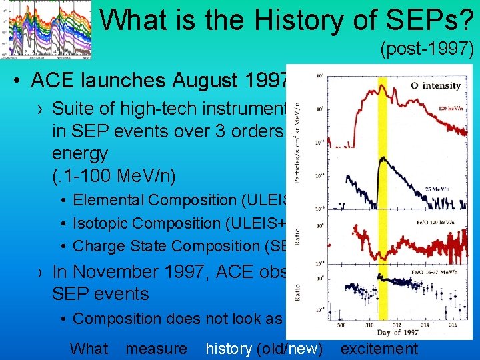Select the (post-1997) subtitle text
coord(427,49)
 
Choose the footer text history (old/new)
coord(264,348)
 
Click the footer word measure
coord(156,348)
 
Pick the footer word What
coord(89,348)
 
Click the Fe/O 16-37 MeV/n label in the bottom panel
coord(434,273)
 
